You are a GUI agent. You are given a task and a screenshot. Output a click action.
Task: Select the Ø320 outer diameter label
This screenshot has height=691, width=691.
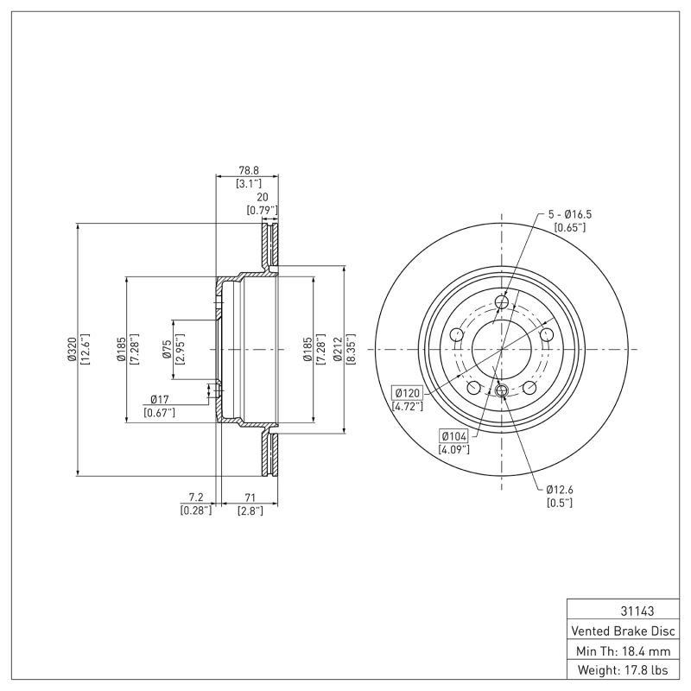click(73, 349)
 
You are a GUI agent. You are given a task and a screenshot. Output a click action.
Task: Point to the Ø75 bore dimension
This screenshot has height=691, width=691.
click(166, 349)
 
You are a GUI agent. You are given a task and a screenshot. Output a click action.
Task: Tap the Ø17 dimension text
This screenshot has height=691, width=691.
click(159, 399)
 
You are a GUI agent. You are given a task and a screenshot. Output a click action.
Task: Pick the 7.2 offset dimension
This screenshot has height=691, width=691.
click(195, 498)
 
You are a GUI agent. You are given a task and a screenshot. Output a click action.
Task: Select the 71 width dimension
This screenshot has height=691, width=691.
click(250, 498)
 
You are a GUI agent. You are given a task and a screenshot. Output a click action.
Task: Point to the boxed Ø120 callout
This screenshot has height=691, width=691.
click(407, 392)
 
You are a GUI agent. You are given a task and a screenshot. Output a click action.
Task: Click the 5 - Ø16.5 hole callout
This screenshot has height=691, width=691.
click(570, 214)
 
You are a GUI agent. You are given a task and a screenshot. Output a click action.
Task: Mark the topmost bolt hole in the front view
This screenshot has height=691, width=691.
click(503, 302)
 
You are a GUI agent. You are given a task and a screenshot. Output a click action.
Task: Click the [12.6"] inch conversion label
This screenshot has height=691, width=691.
click(85, 349)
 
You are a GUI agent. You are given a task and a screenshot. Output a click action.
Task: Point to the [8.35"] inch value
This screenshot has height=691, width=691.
click(352, 349)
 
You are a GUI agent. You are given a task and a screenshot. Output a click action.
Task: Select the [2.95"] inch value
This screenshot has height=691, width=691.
click(178, 349)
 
